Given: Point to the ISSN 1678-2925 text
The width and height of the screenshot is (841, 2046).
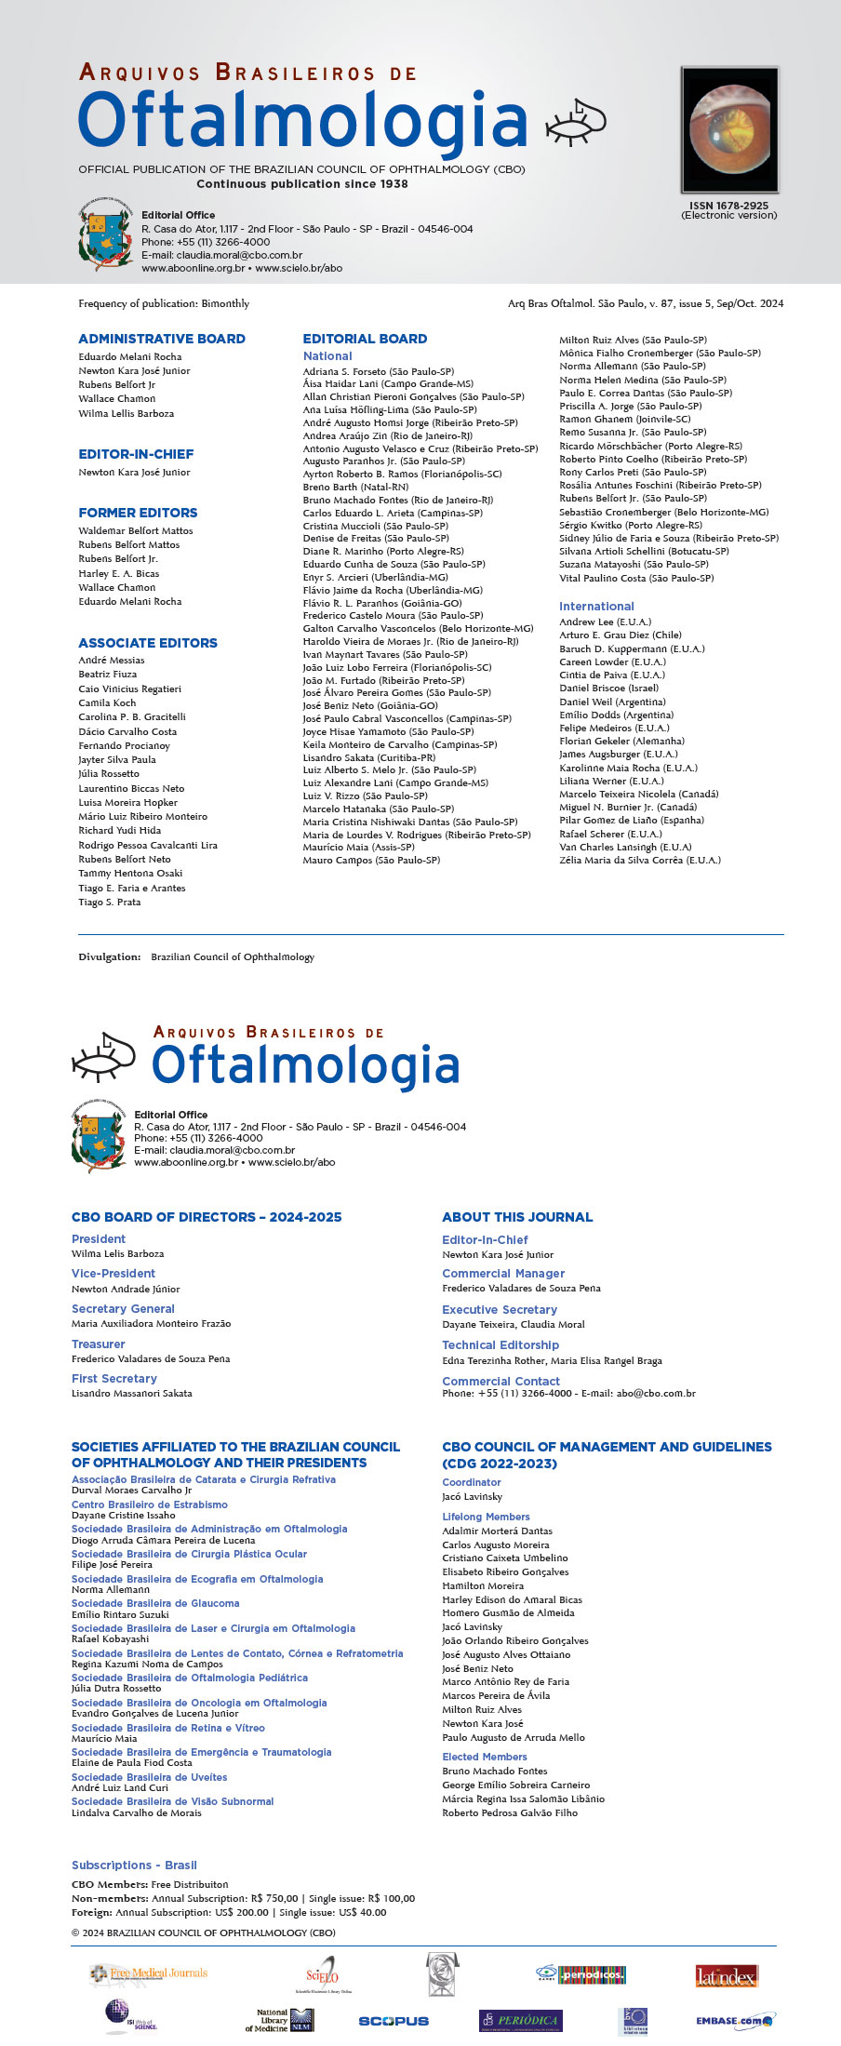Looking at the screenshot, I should (728, 206).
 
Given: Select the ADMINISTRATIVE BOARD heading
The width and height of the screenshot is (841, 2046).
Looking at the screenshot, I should (162, 339).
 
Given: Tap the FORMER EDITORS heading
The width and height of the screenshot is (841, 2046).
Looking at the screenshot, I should (138, 513).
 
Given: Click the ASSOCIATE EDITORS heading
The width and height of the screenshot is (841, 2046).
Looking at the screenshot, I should (148, 643).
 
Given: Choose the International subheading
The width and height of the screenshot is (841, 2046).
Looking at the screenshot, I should (596, 606).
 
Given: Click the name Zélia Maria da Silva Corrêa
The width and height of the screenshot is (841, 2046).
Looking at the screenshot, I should (639, 860).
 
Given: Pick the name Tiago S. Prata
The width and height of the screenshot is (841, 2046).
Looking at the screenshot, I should (110, 902).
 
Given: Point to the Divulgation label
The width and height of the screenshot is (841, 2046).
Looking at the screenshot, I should (109, 956).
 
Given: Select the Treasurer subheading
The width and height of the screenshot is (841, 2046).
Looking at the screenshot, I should (98, 1344).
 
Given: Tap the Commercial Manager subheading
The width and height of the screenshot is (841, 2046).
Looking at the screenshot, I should (503, 1274).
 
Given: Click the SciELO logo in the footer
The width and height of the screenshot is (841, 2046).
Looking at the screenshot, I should (323, 1975).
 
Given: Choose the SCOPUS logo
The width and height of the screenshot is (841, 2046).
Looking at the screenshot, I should (394, 2021).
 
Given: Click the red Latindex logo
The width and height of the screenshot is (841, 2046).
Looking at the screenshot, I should (727, 1976).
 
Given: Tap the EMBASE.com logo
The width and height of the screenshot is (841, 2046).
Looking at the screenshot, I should (734, 2021).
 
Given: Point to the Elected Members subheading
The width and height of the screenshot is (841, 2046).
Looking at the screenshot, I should (485, 1757).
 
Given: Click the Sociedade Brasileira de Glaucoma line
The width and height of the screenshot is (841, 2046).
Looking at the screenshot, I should (155, 1603).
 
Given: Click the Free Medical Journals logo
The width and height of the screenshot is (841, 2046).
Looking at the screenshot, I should (149, 1972).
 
